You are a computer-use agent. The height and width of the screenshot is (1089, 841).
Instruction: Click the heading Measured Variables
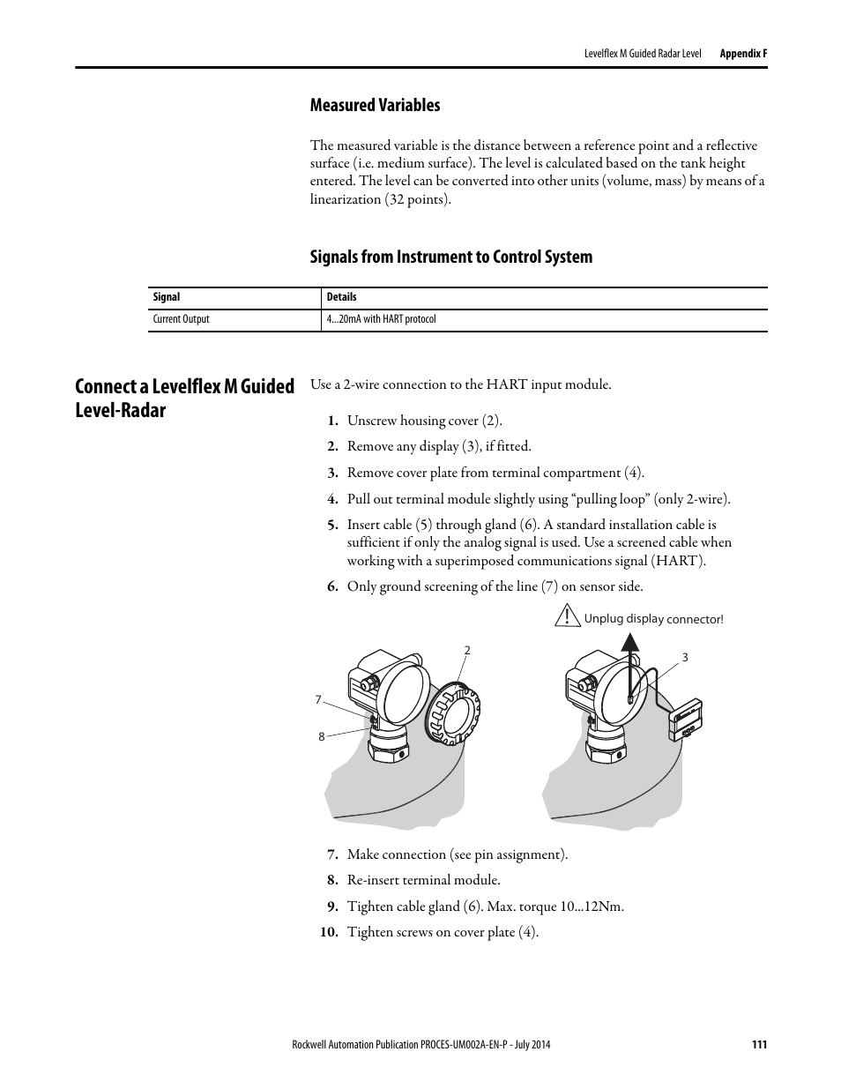[x=375, y=105]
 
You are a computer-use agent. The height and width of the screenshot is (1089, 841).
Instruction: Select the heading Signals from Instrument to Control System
[x=450, y=257]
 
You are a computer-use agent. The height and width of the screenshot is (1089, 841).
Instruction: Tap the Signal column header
[x=166, y=297]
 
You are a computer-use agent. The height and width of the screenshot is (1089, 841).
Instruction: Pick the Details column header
[x=341, y=297]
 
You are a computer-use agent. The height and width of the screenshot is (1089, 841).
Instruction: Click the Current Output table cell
[x=181, y=319]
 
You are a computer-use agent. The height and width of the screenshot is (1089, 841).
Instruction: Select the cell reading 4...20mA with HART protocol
[x=381, y=319]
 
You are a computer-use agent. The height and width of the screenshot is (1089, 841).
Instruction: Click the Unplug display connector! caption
[x=653, y=619]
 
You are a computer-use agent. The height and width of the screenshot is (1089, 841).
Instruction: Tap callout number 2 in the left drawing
[x=467, y=651]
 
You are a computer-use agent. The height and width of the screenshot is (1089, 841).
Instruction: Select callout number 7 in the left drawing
[x=318, y=700]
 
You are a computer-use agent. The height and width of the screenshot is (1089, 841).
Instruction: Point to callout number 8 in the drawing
[x=322, y=736]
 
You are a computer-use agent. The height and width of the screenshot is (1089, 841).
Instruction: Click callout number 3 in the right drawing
[x=685, y=658]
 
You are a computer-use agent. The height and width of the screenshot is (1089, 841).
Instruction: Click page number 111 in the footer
[x=759, y=1045]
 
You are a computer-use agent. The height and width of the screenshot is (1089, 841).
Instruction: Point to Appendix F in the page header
[x=743, y=53]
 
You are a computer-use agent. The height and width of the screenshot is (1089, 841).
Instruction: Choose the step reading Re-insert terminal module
[x=423, y=880]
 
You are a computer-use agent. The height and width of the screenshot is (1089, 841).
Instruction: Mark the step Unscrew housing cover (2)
[x=424, y=421]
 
